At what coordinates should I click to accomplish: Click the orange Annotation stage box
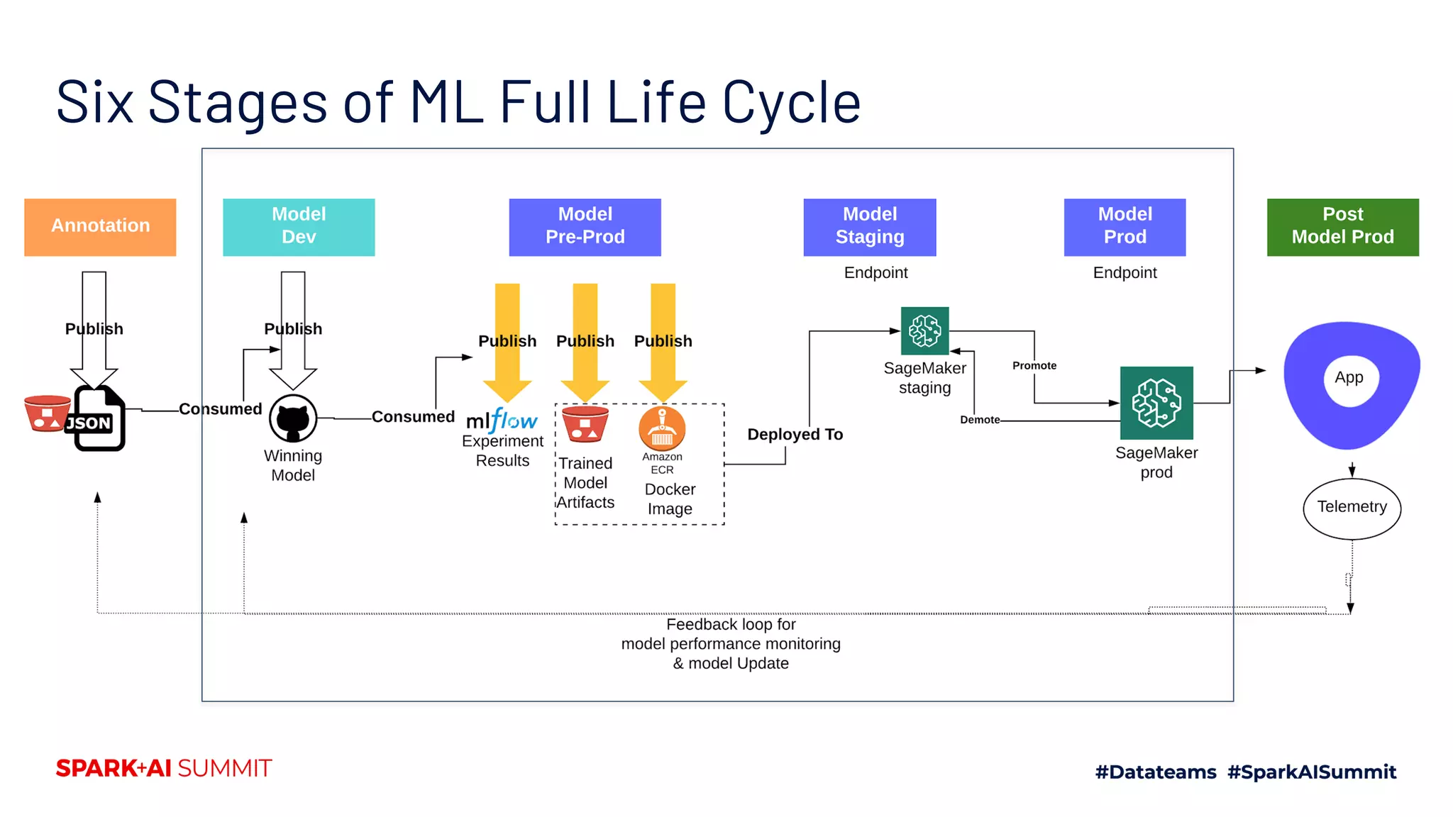point(100,227)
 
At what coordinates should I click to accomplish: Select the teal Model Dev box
point(299,227)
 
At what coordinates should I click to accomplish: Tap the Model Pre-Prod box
point(585,227)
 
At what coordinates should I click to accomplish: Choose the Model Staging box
point(869,227)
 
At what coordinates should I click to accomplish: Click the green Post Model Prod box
point(1342,227)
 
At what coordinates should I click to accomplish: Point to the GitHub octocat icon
point(293,418)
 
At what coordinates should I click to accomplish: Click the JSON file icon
point(98,419)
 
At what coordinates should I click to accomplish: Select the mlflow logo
point(502,421)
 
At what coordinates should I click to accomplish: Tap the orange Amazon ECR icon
point(662,428)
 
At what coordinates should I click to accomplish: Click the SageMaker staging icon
point(924,330)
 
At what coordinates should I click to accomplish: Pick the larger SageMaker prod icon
point(1156,403)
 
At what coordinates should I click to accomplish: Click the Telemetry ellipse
point(1352,508)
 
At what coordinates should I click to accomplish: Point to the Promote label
point(1034,366)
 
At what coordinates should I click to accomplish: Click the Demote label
point(980,420)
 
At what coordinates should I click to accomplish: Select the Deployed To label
point(795,435)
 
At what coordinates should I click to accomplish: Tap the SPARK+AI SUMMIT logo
point(164,769)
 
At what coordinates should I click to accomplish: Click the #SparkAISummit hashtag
point(1311,772)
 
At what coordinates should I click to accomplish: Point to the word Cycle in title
point(791,103)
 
